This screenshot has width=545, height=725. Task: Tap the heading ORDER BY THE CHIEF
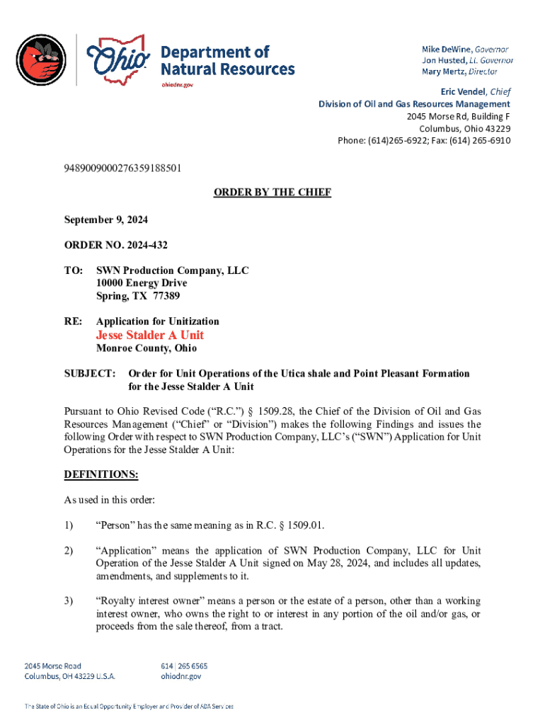(272, 193)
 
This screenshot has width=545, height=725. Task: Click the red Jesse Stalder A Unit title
(150, 335)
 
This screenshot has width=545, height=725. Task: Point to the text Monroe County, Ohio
(147, 348)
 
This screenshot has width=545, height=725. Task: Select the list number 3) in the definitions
(69, 601)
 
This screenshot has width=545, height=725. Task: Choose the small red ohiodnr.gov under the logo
(177, 84)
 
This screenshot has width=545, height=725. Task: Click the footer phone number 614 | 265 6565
(185, 666)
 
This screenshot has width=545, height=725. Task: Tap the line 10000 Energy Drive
(142, 283)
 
